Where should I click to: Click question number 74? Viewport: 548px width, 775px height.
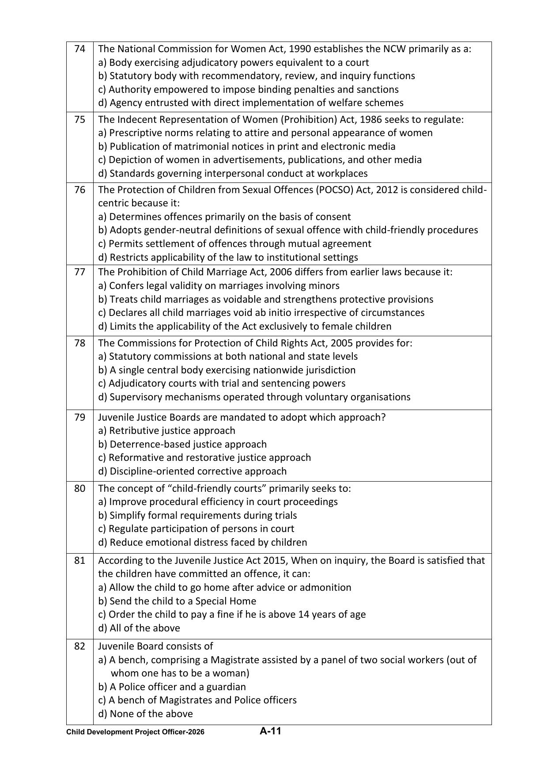(79, 49)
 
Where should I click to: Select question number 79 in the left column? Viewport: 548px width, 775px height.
(79, 417)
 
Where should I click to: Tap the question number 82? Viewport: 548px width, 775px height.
(79, 646)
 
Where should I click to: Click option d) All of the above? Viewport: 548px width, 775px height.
(139, 628)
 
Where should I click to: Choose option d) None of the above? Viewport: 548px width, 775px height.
(145, 714)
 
